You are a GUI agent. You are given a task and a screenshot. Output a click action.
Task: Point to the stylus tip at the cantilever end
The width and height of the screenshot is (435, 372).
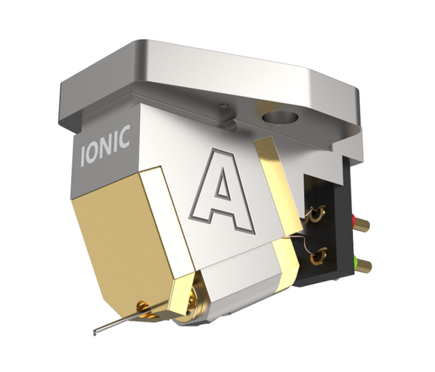[95, 333]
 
